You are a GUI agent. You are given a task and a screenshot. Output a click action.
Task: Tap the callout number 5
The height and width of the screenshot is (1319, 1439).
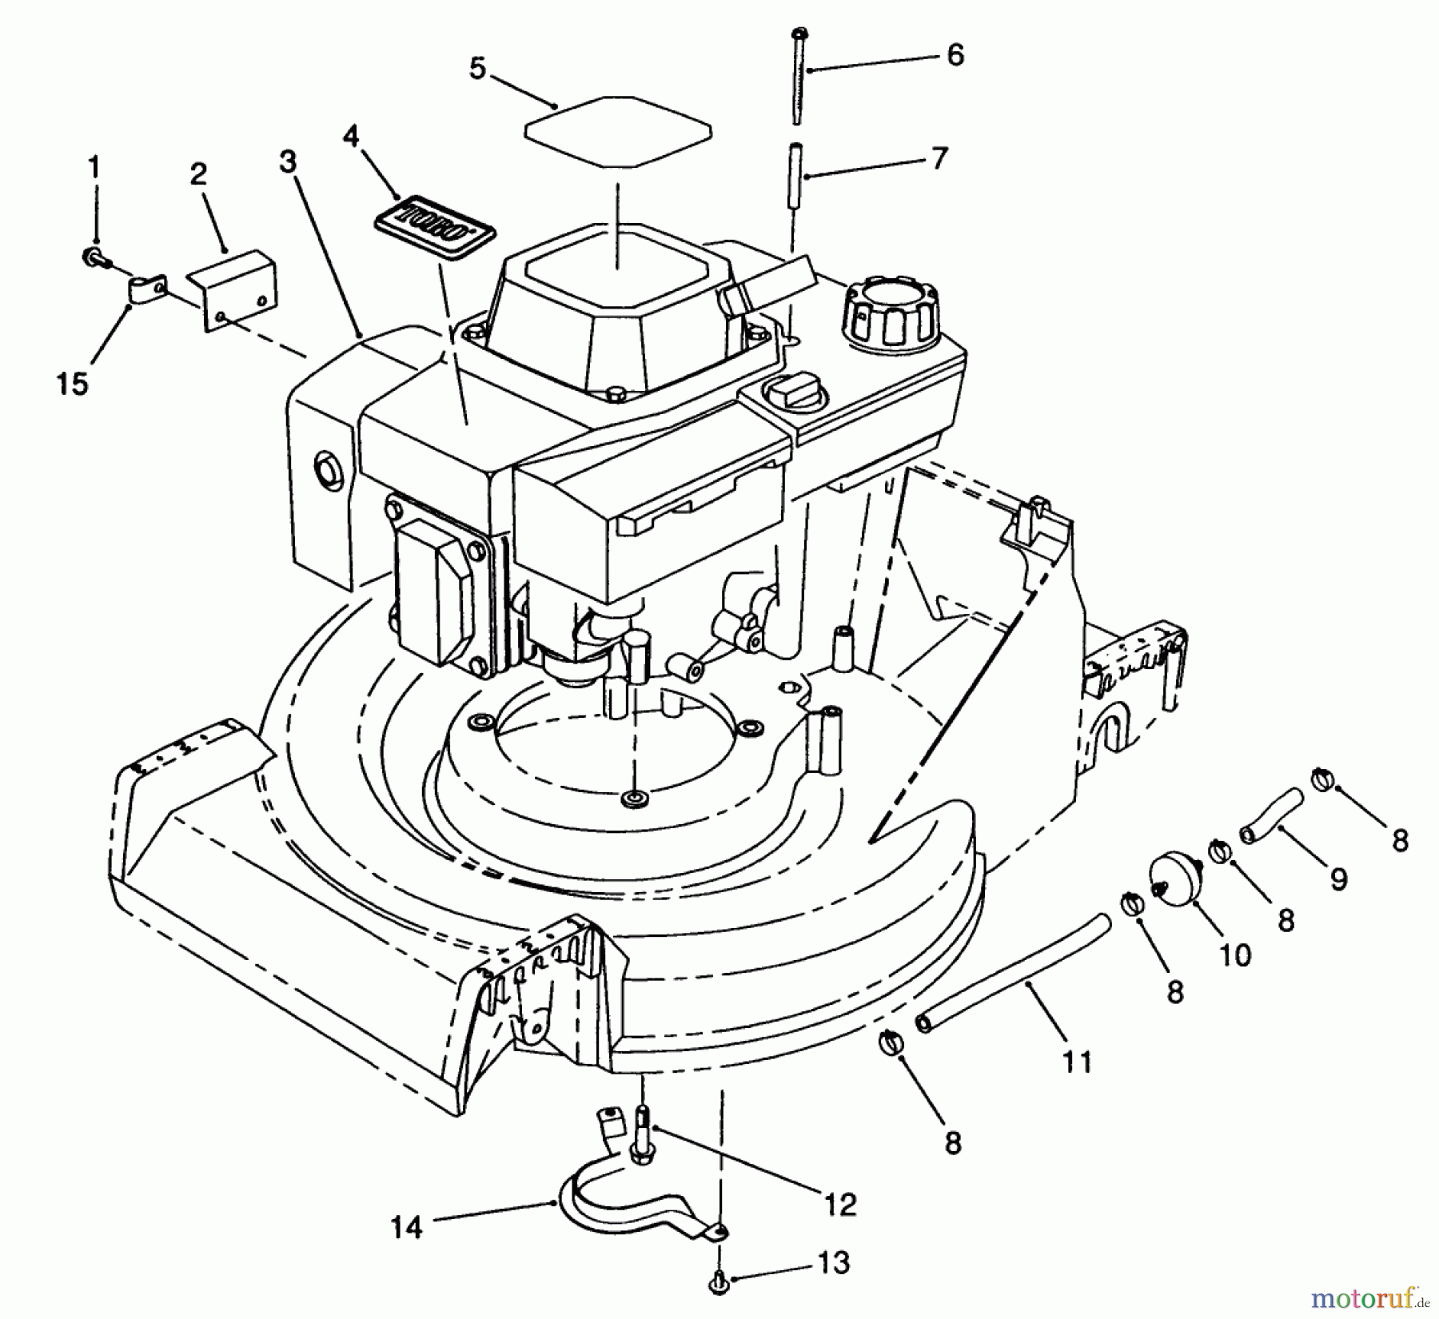click(477, 69)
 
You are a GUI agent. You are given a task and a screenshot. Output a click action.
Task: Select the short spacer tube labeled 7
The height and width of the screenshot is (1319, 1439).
click(797, 174)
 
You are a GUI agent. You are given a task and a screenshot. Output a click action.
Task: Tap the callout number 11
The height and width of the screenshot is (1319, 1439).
click(1077, 1062)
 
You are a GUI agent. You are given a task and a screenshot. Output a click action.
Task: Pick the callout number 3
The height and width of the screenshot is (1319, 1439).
click(288, 161)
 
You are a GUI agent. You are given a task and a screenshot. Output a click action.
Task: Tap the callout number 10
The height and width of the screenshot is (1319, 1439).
click(1235, 954)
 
